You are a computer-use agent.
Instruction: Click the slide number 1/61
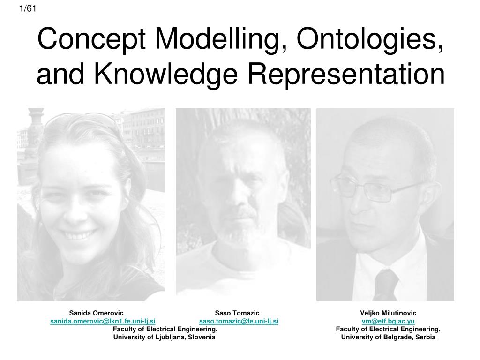(x=28, y=8)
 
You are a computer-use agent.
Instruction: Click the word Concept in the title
(x=91, y=40)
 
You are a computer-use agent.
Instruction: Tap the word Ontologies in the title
(x=370, y=40)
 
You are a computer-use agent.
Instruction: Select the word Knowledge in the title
(x=166, y=75)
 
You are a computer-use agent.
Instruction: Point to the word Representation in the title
(x=346, y=74)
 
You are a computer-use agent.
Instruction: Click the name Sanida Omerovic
(x=96, y=313)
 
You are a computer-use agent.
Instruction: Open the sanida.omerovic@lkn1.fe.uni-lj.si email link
(x=103, y=321)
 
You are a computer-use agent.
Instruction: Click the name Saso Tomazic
(x=237, y=313)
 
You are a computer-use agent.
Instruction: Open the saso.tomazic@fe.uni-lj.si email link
(x=239, y=321)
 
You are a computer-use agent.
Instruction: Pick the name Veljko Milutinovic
(x=388, y=313)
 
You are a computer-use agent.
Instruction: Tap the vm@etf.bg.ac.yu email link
(x=388, y=321)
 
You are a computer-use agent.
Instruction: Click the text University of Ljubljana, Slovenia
(x=165, y=337)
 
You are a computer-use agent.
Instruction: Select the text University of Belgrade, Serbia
(x=388, y=337)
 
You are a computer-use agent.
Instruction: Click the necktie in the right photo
(x=386, y=285)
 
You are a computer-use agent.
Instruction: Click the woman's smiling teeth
(x=79, y=235)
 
